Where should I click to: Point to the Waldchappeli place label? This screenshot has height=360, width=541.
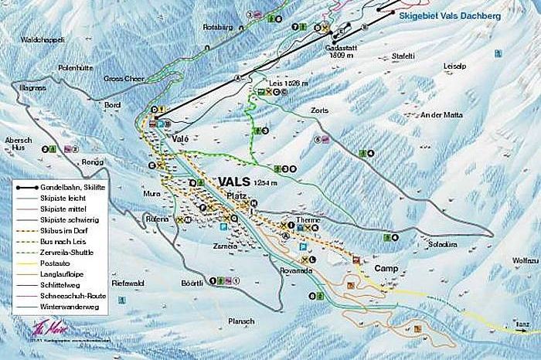point(43,39)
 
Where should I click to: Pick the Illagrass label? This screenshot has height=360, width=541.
point(28,88)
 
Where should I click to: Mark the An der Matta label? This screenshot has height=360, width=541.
point(441,115)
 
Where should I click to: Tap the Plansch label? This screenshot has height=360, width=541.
point(241,321)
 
